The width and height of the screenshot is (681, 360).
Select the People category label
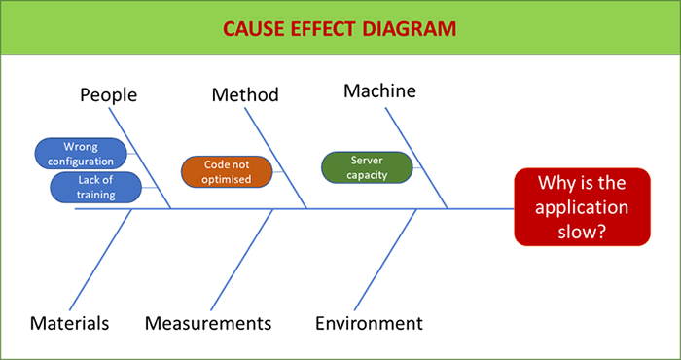tap(108, 95)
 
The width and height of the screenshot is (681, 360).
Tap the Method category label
tap(245, 95)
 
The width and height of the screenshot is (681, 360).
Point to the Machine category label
tap(379, 91)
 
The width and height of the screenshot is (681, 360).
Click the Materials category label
tap(69, 323)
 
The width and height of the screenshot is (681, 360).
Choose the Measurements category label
tap(208, 323)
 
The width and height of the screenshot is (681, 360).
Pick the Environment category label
tap(369, 323)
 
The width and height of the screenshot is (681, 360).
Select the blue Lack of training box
tap(95, 187)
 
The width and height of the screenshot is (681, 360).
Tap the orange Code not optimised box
tap(227, 172)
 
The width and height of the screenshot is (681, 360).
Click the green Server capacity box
tap(367, 167)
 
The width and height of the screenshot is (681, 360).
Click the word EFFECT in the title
tap(327, 27)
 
